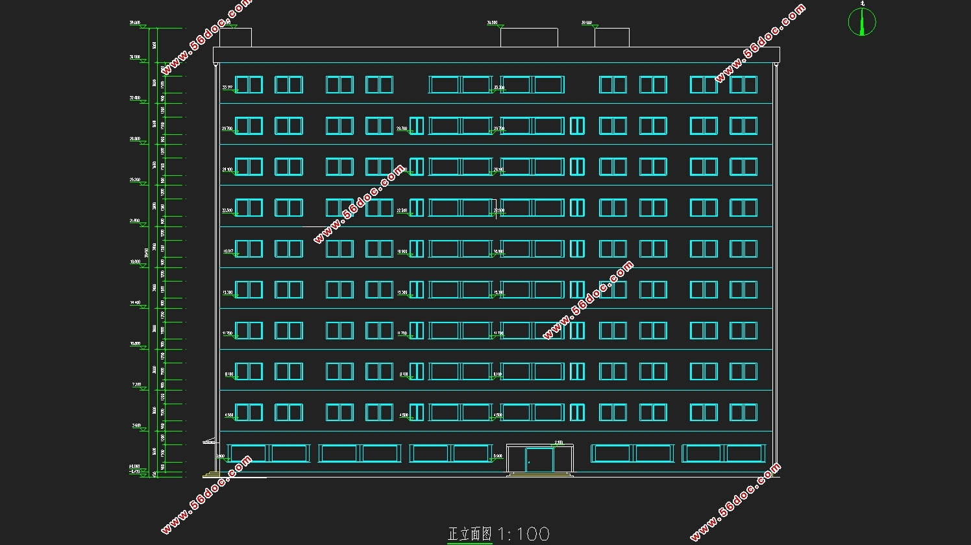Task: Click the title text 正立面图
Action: (470, 534)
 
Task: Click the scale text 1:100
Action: (524, 534)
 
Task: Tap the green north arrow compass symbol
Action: (862, 21)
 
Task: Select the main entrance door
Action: (539, 461)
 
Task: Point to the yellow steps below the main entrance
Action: (540, 475)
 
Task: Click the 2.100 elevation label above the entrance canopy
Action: (559, 442)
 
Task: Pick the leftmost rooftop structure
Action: (235, 37)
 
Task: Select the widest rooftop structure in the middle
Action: (528, 37)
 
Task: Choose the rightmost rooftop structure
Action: (611, 37)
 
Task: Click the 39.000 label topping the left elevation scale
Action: (135, 23)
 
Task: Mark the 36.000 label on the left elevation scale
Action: (135, 57)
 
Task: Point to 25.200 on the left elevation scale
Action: (135, 180)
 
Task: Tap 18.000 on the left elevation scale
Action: (135, 261)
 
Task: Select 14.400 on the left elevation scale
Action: (135, 302)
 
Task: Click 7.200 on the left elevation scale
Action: (136, 384)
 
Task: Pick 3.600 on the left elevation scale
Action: (136, 426)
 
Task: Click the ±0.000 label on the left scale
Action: (135, 466)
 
